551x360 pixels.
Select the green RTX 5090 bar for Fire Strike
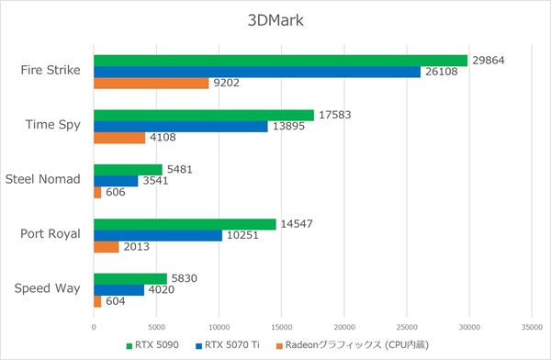pyautogui.click(x=280, y=60)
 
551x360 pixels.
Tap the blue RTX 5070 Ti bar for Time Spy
pyautogui.click(x=181, y=126)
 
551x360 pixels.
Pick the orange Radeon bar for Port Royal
pyautogui.click(x=107, y=247)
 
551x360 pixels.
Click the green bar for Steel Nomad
pyautogui.click(x=128, y=170)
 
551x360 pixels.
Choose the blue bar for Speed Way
pyautogui.click(x=118, y=290)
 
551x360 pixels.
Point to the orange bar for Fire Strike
pyautogui.click(x=152, y=83)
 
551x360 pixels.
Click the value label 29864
pyautogui.click(x=488, y=60)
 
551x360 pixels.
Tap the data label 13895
pyautogui.click(x=290, y=126)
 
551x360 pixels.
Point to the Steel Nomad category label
pyautogui.click(x=43, y=180)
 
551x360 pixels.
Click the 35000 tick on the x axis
pyautogui.click(x=532, y=325)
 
